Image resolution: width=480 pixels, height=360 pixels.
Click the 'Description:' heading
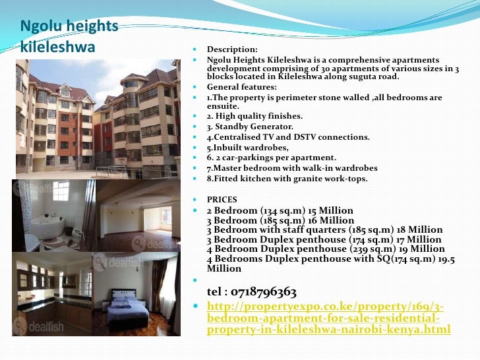click(x=232, y=49)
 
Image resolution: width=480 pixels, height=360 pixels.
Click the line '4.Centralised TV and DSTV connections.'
click(x=288, y=137)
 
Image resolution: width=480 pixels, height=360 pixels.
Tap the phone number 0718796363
click(x=252, y=291)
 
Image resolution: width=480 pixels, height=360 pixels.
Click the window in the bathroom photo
click(x=61, y=192)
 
